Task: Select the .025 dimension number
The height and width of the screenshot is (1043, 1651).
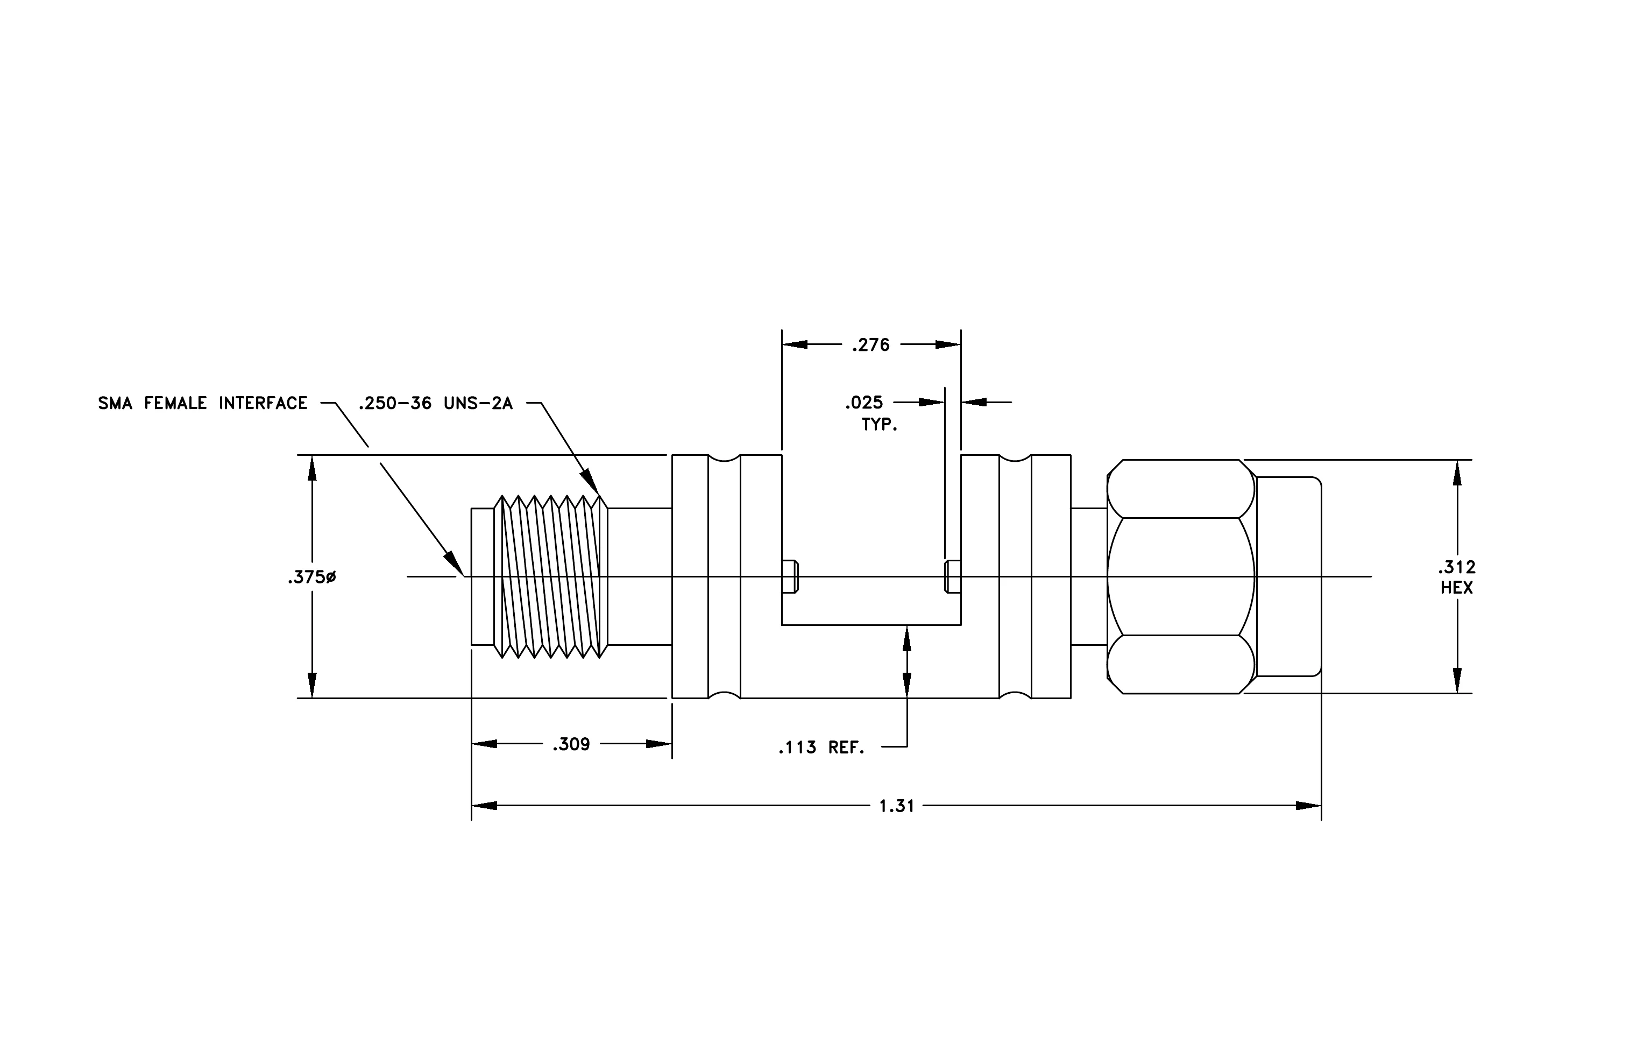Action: (864, 403)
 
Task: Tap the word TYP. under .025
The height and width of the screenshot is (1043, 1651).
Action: (880, 425)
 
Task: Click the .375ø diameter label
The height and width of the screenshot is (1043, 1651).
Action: (312, 577)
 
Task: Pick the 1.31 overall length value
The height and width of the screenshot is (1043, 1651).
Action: (897, 806)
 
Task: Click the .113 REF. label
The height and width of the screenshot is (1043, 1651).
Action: (821, 748)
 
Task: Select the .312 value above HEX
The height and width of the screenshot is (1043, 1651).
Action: (1457, 568)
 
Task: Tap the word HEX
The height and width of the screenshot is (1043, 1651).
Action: (1457, 588)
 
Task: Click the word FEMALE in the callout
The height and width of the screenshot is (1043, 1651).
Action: (175, 403)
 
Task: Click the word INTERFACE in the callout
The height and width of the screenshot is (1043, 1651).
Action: (263, 403)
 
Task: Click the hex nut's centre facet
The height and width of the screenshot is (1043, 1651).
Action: (1181, 577)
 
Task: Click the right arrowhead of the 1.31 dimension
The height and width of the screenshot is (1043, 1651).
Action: (1308, 806)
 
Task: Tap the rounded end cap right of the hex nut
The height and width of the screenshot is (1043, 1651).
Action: (1288, 577)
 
